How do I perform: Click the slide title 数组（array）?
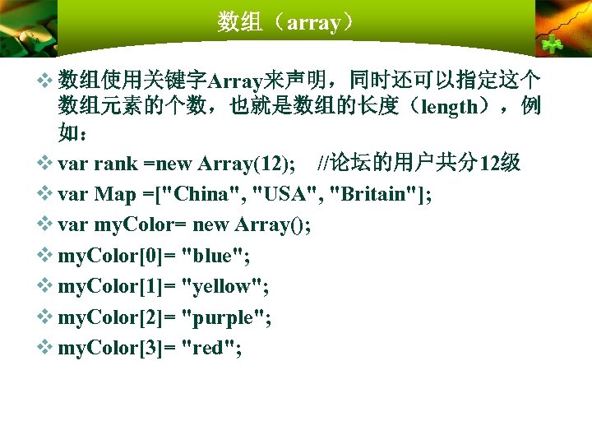point(287,22)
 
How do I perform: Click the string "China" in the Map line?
point(208,194)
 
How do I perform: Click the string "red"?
point(212,349)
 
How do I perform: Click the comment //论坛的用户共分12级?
point(419,163)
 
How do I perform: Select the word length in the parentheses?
point(449,107)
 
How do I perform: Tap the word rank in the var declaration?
point(115,163)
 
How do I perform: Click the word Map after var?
point(115,194)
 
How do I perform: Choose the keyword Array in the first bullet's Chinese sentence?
point(236,81)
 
